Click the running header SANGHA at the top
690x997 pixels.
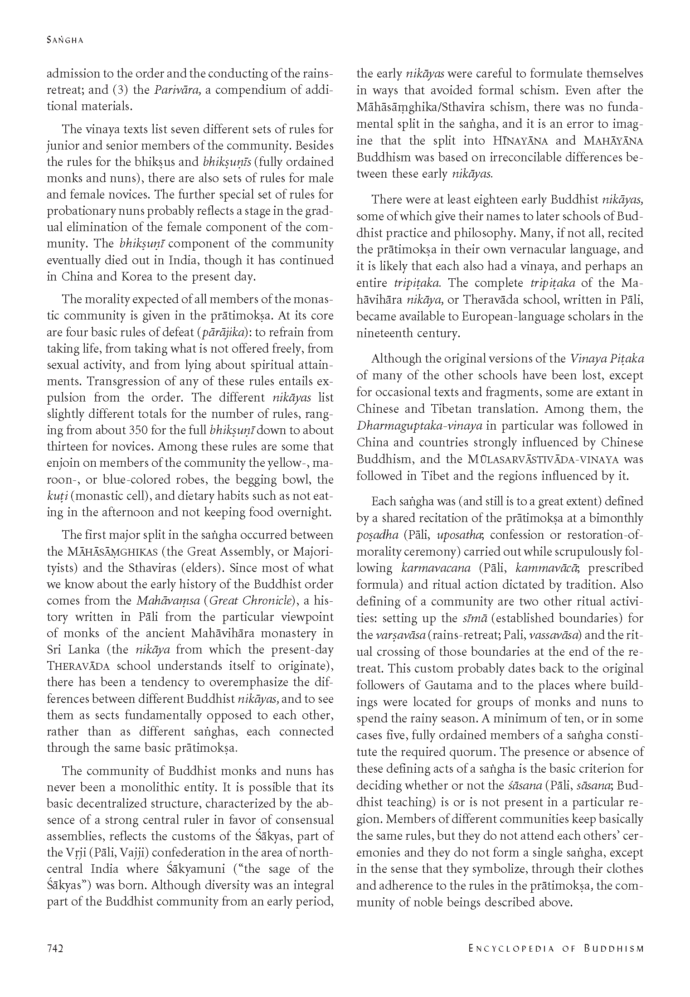point(65,40)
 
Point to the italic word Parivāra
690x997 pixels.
point(177,90)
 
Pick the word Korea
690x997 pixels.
point(136,276)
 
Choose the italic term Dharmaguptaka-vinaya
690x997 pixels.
point(419,426)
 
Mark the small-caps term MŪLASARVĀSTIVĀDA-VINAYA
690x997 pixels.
point(543,459)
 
